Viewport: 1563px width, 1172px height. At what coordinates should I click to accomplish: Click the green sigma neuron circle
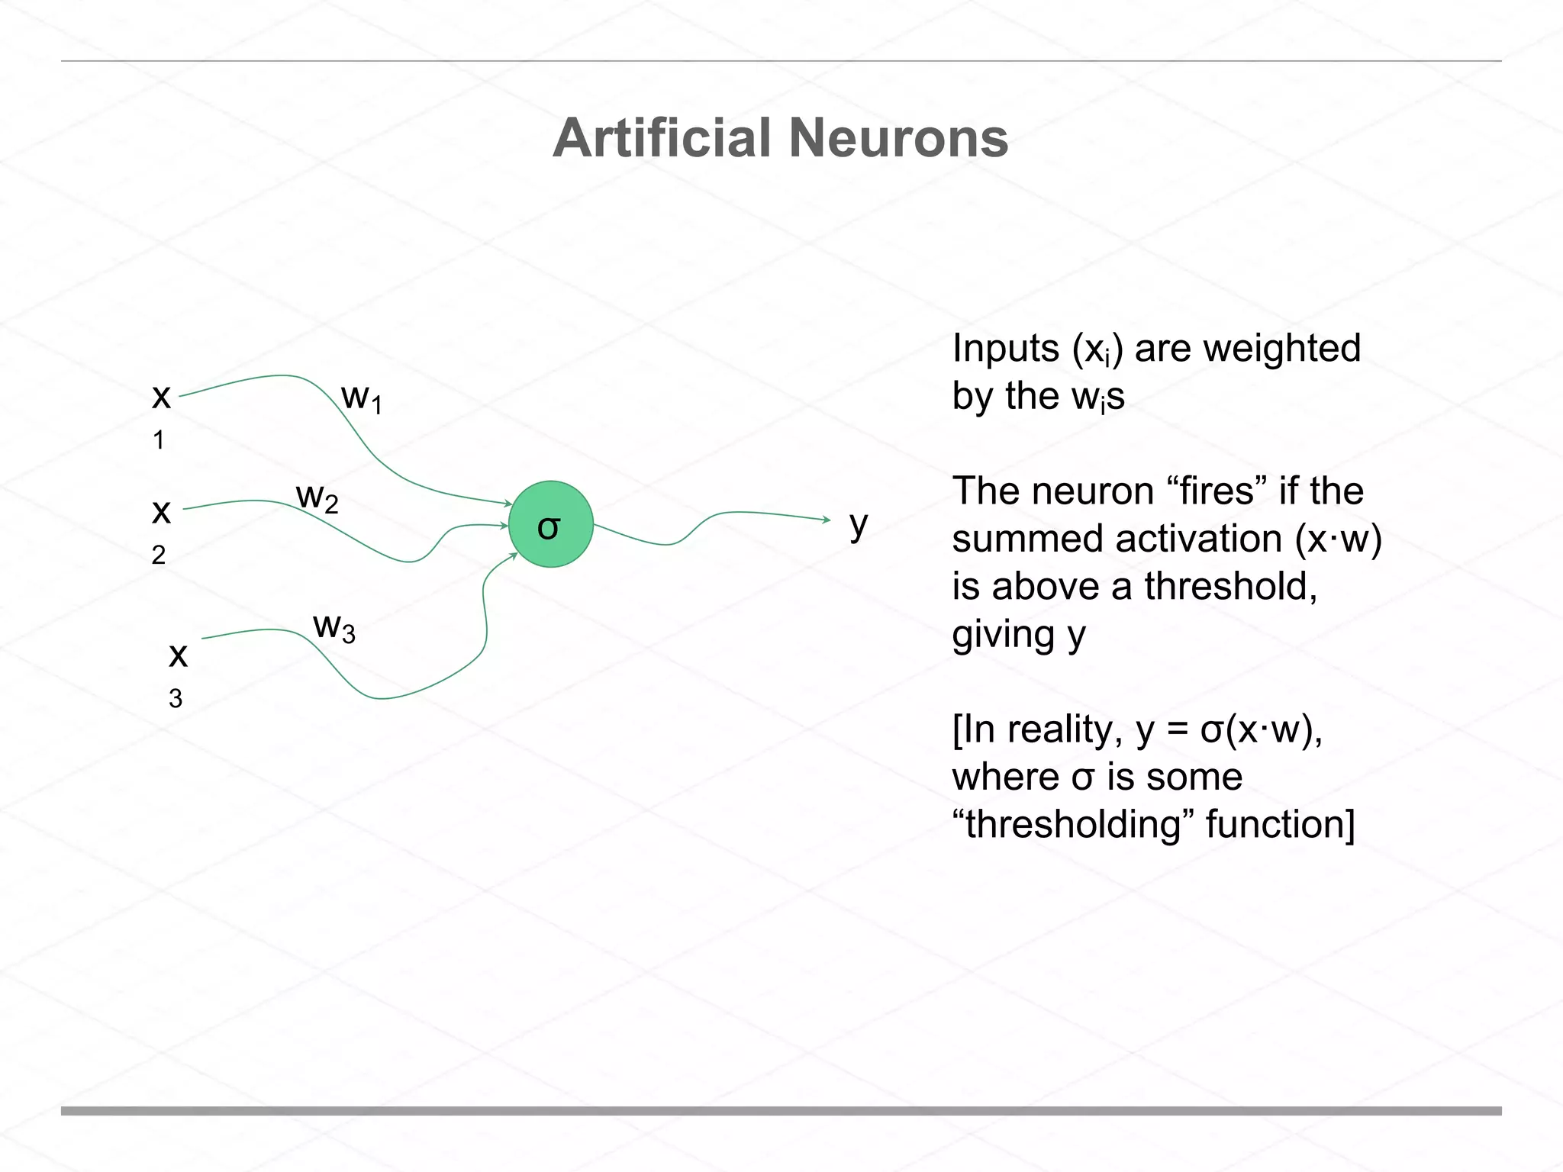(x=550, y=524)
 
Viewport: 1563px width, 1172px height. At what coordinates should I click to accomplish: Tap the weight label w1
(x=361, y=398)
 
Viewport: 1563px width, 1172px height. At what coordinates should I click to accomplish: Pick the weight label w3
(x=334, y=627)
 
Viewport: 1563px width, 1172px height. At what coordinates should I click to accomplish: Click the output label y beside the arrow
(x=859, y=525)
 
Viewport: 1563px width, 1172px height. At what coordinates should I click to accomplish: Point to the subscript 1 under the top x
(x=159, y=440)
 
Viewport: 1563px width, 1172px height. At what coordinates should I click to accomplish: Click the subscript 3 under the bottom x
(x=176, y=698)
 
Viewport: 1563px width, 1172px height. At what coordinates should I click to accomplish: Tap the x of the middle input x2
(x=161, y=510)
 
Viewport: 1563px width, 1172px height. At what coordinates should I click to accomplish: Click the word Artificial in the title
(x=662, y=139)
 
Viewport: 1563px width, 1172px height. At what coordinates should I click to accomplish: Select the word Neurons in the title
(x=898, y=139)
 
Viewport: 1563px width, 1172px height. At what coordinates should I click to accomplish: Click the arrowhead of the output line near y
(x=827, y=520)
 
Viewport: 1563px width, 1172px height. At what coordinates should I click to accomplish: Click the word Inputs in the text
(x=1005, y=349)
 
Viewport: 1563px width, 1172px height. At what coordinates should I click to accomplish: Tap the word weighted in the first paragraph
(x=1281, y=349)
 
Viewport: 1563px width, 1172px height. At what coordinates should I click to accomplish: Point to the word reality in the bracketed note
(x=1065, y=730)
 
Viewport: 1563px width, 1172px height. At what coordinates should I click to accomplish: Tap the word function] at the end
(x=1280, y=825)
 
